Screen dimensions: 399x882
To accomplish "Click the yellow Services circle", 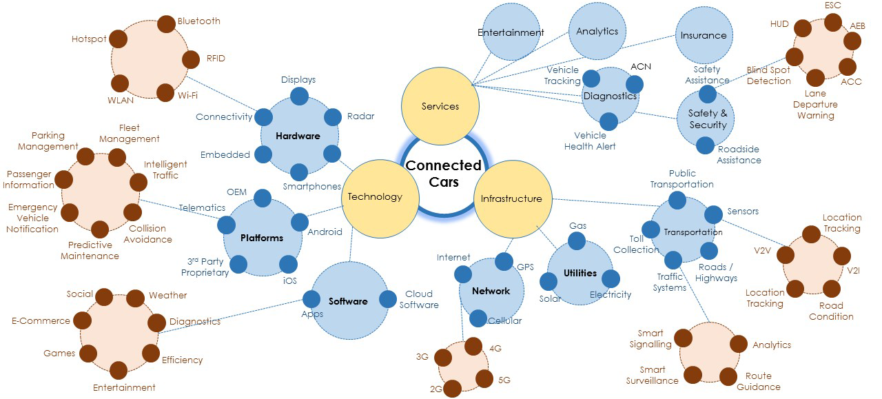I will tap(440, 106).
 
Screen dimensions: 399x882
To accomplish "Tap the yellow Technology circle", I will tap(375, 197).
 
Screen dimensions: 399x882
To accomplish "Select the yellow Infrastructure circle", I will tap(511, 199).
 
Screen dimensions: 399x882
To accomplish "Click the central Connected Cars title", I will tap(443, 174).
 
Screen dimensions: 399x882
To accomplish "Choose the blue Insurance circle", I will tap(704, 35).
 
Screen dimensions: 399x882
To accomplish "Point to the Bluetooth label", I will tap(199, 21).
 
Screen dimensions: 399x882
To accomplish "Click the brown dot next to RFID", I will tap(190, 59).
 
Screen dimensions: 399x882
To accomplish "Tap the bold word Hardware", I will tap(298, 136).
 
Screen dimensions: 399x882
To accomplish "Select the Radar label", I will tap(360, 116).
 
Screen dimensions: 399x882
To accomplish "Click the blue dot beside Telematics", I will tap(227, 225).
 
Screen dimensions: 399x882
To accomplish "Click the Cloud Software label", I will tap(419, 299).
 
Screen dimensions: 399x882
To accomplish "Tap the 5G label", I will tap(503, 380).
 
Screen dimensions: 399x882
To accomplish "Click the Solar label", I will tap(551, 298).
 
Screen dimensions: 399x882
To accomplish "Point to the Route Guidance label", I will tap(758, 381).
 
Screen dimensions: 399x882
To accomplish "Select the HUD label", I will tap(779, 24).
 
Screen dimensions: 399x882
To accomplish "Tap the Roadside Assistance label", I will tap(739, 155).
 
